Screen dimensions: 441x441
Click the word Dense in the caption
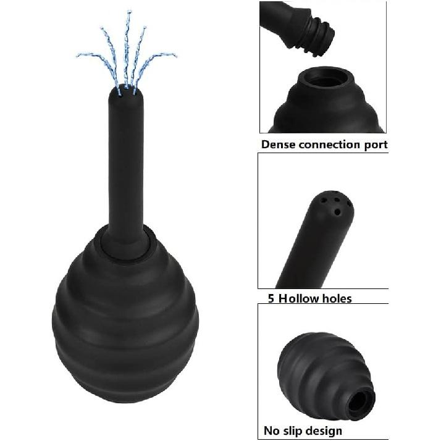point(279,145)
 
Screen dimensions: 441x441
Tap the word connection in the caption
point(332,145)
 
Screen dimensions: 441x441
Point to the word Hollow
point(295,299)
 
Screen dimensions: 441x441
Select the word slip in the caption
point(295,430)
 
